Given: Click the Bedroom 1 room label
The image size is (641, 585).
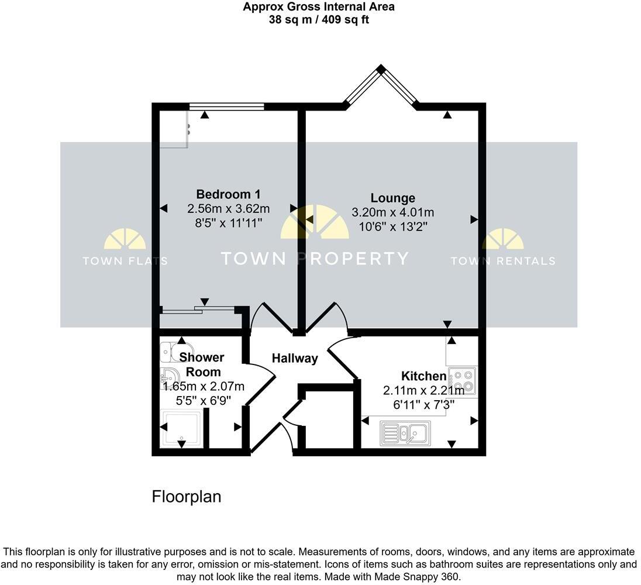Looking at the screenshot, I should (228, 194).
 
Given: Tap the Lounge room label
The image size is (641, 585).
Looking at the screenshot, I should (392, 198).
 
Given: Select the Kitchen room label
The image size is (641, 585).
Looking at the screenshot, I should (423, 376).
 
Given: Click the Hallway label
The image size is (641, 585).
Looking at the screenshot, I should (295, 358).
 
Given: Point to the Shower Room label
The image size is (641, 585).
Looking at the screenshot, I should (202, 364).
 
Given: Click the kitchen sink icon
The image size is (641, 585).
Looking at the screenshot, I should (405, 433).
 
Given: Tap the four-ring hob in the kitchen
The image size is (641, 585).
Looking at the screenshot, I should (462, 380).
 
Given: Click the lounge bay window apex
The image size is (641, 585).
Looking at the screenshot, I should (381, 70).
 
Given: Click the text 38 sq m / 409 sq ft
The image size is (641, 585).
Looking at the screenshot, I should (319, 19).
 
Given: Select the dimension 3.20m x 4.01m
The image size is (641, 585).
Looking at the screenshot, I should (392, 212).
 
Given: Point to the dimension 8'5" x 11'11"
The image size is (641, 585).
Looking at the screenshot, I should (228, 222).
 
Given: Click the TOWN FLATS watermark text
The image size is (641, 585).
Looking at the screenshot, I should (125, 261).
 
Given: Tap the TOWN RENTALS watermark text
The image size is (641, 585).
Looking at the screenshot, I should (502, 261).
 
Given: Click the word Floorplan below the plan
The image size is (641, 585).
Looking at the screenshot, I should (187, 497).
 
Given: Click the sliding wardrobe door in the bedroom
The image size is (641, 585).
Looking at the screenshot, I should (199, 307).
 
